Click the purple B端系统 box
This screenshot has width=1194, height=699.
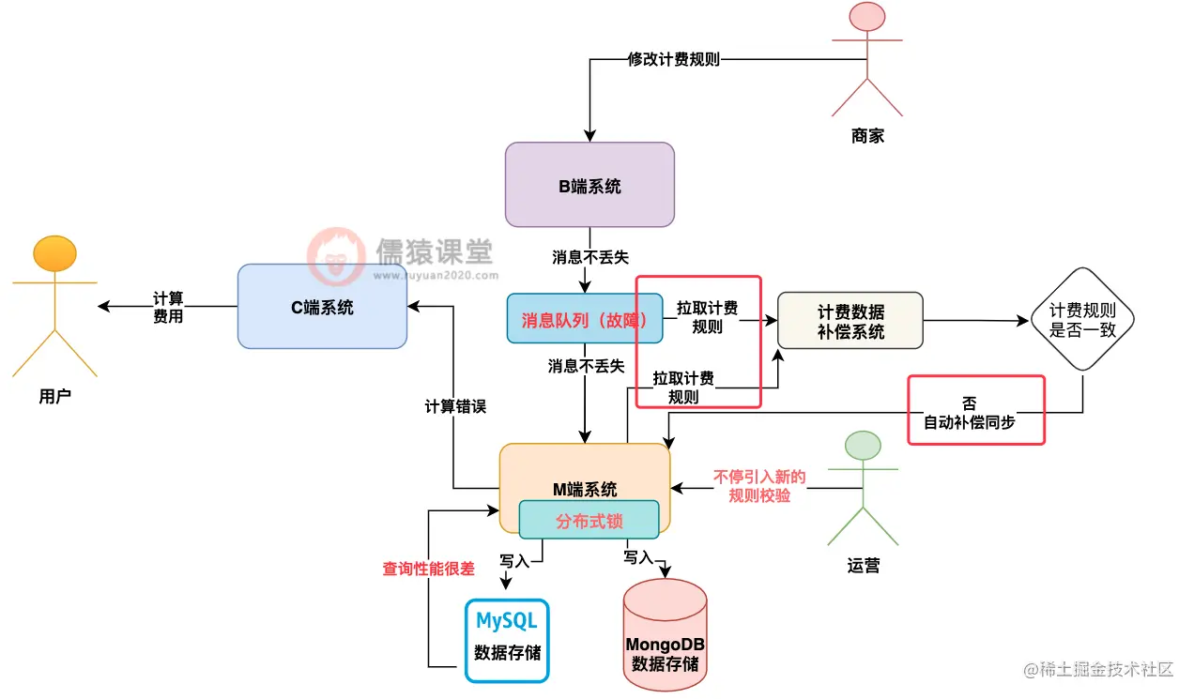pos(589,185)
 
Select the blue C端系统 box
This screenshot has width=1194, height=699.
pos(322,307)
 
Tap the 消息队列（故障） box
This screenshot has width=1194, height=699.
pos(586,320)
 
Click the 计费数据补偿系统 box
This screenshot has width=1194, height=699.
pos(850,320)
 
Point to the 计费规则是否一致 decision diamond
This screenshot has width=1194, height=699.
pos(1082,320)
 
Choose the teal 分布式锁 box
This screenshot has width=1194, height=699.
pos(589,521)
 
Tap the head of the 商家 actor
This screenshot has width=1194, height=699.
pos(867,19)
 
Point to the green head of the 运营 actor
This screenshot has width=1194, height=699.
pos(863,446)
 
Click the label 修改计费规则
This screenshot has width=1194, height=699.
pos(674,59)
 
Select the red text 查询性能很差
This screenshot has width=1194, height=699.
pos(428,569)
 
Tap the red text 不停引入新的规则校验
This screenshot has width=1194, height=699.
pos(759,486)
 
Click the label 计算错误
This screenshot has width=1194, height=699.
pos(455,407)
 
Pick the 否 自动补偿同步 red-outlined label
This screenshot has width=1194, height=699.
pos(975,410)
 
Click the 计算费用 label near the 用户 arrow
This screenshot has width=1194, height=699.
pos(168,307)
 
